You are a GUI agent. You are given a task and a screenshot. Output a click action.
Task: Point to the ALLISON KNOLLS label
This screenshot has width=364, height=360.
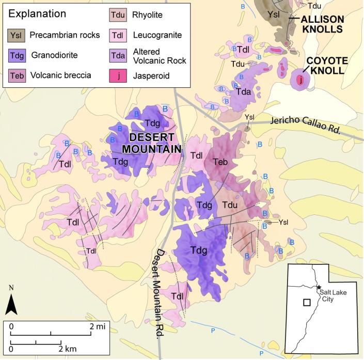(322, 24)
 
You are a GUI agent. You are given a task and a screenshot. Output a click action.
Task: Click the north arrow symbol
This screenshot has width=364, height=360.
(12, 304)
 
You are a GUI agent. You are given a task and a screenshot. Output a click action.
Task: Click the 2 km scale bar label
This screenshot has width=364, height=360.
(67, 349)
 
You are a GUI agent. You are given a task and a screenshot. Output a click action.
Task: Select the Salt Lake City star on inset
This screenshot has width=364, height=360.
(320, 287)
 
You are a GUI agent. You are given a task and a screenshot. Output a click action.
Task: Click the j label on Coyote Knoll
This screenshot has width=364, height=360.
(299, 80)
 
